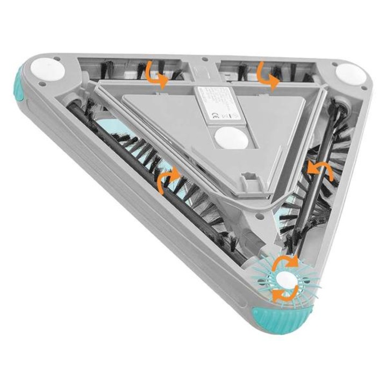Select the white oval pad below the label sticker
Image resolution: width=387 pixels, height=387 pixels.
231,138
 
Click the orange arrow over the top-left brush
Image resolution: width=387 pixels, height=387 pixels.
156,74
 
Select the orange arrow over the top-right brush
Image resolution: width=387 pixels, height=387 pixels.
267,75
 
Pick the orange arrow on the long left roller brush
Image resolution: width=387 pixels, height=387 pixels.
168,182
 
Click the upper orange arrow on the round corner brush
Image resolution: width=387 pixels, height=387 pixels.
284,262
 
